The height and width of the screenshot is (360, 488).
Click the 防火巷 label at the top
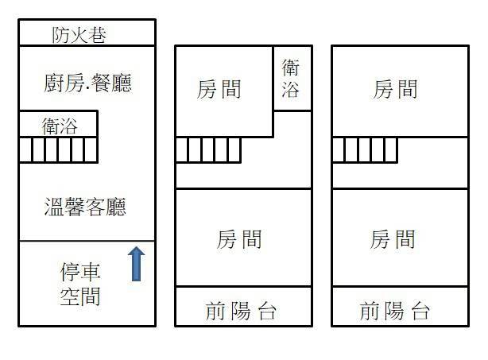click(79, 35)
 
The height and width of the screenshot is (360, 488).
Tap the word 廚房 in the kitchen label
click(64, 83)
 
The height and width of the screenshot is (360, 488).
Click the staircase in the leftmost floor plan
click(58, 149)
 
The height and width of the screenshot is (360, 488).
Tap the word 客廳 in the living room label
click(107, 208)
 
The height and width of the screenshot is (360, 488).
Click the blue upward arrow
click(137, 264)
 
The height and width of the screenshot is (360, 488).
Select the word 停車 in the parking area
click(80, 273)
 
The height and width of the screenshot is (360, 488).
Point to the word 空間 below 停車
click(80, 297)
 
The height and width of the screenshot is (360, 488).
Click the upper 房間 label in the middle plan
click(219, 88)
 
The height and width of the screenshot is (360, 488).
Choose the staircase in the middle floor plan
click(207, 149)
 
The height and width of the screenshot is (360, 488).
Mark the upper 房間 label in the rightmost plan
click(395, 88)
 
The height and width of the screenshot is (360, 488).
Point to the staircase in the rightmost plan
click(365, 149)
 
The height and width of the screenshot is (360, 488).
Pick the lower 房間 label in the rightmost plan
click(393, 238)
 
